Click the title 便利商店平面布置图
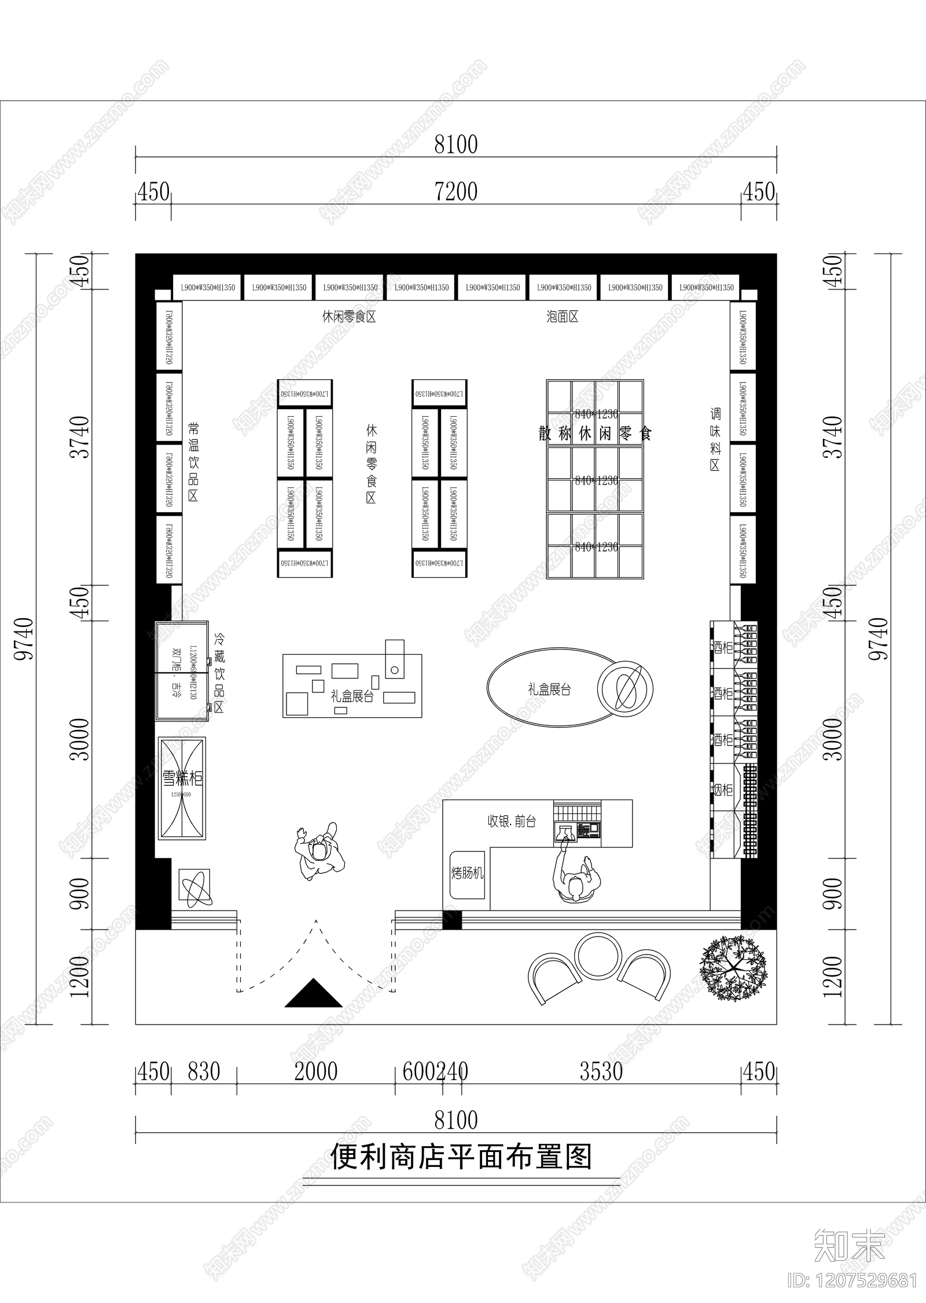pyautogui.click(x=461, y=1159)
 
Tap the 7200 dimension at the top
pyautogui.click(x=456, y=192)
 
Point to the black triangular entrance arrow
pyautogui.click(x=313, y=993)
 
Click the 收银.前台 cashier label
pyautogui.click(x=512, y=821)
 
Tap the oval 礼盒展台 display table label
pyautogui.click(x=549, y=689)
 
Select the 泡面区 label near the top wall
pyautogui.click(x=562, y=317)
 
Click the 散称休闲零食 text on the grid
pyautogui.click(x=595, y=434)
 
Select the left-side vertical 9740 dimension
pyautogui.click(x=24, y=638)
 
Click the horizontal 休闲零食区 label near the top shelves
pyautogui.click(x=349, y=317)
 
